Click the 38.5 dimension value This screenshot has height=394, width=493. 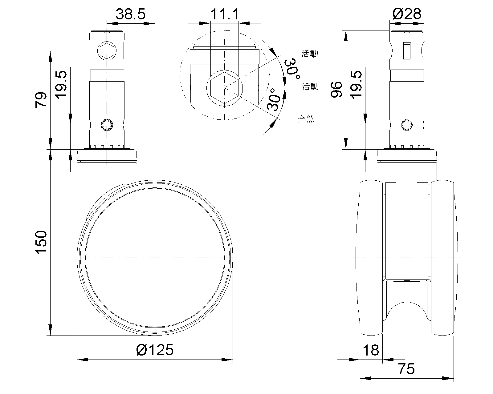click(x=130, y=14)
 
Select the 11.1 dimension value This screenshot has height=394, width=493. click(x=225, y=14)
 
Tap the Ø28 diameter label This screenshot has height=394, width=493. click(x=407, y=14)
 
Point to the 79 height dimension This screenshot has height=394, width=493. click(x=41, y=99)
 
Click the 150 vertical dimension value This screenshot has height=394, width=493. click(x=41, y=242)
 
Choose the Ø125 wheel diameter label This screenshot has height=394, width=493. click(x=155, y=350)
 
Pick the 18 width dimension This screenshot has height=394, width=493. click(x=371, y=350)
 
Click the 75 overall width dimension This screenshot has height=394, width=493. click(x=406, y=369)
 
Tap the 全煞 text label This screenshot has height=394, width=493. click(x=306, y=119)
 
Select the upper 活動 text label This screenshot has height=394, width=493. click(x=310, y=54)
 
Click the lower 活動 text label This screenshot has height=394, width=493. click(x=310, y=87)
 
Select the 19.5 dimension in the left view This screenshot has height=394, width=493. click(x=62, y=84)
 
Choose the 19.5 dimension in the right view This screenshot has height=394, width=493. click(x=356, y=84)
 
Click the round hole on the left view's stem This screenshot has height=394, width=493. click(x=107, y=125)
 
